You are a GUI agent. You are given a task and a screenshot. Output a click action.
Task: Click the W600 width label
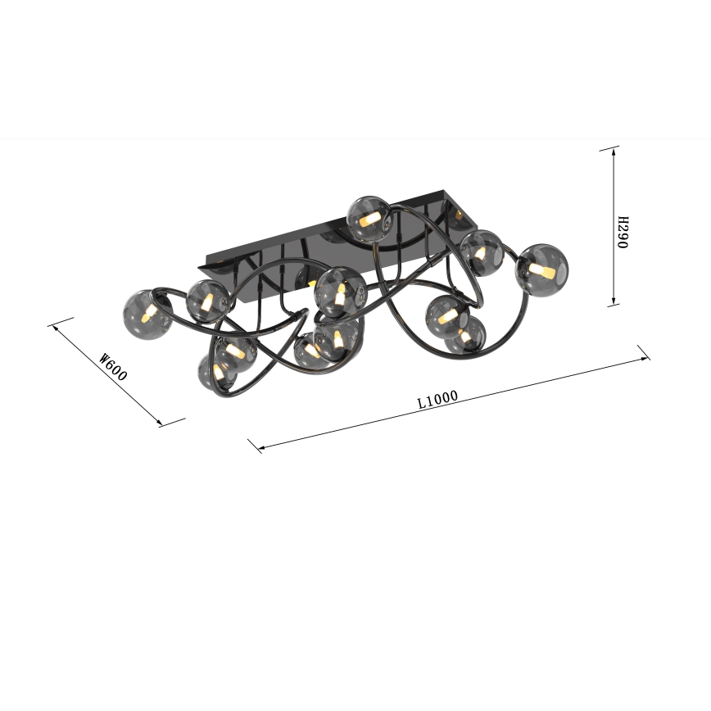tap(113, 366)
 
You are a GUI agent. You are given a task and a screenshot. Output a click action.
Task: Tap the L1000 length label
tap(437, 400)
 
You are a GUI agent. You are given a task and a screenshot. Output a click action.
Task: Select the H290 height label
tap(623, 232)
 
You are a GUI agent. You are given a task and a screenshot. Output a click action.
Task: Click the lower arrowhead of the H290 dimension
tap(614, 301)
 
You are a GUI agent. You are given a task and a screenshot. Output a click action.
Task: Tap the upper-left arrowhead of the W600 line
tap(57, 328)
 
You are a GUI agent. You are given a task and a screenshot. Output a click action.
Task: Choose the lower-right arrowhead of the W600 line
tap(158, 423)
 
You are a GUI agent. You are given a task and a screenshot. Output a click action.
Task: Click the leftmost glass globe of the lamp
tap(147, 315)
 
